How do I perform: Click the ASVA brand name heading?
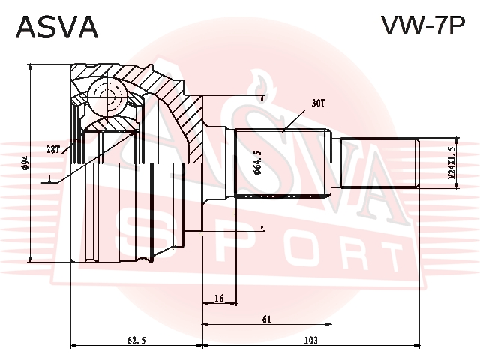[57, 27]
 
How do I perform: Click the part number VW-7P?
[423, 25]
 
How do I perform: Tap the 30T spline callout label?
[318, 103]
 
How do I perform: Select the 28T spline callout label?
[53, 150]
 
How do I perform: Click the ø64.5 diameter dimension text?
[257, 163]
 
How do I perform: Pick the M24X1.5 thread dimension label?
[451, 162]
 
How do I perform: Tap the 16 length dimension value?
[220, 298]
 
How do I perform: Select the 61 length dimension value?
[267, 319]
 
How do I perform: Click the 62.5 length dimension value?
[136, 340]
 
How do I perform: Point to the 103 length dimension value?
[311, 340]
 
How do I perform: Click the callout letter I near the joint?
[49, 178]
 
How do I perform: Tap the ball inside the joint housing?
[107, 97]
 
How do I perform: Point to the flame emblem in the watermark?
[259, 82]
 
